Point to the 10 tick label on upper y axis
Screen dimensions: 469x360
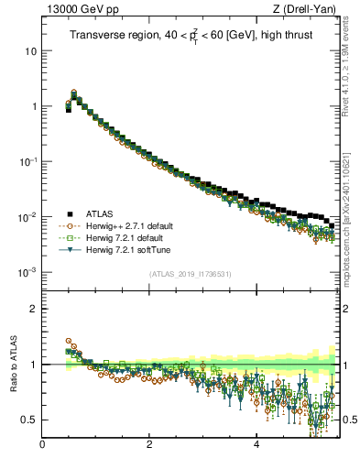tap(30, 51)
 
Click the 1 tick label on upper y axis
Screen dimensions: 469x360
tap(33, 106)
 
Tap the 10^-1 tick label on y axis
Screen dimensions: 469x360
tap(28, 161)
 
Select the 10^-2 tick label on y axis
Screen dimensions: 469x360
tap(28, 217)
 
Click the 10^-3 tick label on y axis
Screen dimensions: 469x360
tap(28, 273)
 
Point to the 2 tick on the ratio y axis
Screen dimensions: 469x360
tap(33, 309)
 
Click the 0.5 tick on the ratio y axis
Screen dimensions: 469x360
tap(29, 420)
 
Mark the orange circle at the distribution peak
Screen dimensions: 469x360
tap(74, 93)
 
